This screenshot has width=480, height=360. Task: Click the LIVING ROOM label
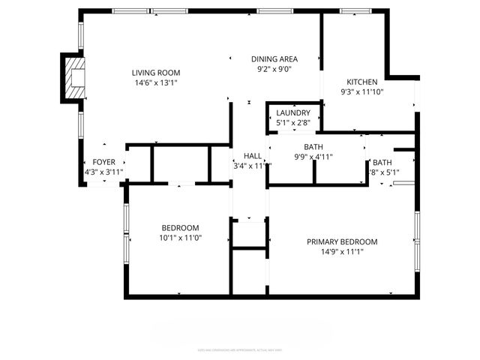click(x=157, y=73)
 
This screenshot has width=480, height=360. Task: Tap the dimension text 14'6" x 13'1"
click(x=157, y=83)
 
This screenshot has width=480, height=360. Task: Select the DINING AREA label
click(x=274, y=59)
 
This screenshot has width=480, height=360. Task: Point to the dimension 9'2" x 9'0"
click(x=274, y=70)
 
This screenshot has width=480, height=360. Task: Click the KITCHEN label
click(x=361, y=82)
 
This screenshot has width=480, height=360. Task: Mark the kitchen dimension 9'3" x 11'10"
click(x=361, y=92)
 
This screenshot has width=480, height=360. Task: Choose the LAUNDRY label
click(x=292, y=113)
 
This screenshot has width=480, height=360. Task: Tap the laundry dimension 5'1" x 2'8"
click(x=292, y=123)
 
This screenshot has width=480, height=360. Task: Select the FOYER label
click(x=103, y=162)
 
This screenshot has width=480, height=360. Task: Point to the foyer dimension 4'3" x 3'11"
click(x=103, y=172)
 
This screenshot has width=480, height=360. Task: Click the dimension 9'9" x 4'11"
click(x=313, y=157)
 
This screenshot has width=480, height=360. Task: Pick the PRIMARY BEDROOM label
click(x=342, y=242)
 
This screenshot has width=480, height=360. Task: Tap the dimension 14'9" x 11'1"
click(x=342, y=253)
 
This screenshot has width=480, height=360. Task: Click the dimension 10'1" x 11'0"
click(x=181, y=238)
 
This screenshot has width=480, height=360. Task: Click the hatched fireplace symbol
click(x=74, y=76)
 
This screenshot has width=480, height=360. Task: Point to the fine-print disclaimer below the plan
click(x=240, y=349)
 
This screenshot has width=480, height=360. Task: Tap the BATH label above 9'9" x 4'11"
click(x=313, y=147)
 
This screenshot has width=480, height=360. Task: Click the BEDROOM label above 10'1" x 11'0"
click(x=181, y=228)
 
